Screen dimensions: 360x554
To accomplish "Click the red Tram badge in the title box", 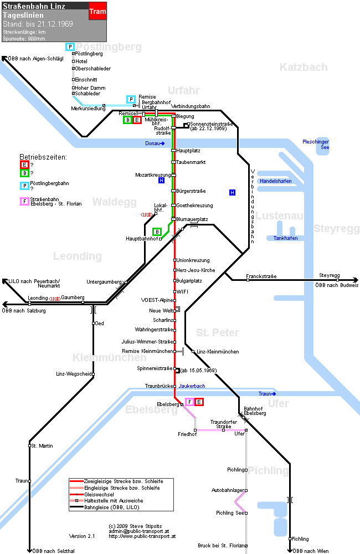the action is coord(97,11).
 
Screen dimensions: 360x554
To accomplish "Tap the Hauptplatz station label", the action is coord(188,151).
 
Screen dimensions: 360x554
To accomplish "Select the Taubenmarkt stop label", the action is coord(191,162).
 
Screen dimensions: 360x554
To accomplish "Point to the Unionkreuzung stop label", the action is coord(193,260).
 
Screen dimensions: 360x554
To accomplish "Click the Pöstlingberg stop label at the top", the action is coord(89,54).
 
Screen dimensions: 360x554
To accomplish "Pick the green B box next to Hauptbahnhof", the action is coord(157,232).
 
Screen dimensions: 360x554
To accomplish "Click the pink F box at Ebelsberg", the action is coord(190,402).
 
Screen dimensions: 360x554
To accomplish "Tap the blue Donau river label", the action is coord(155,143).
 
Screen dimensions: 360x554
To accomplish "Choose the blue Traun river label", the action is coord(267,393).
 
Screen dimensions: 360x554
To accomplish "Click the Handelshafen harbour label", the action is coord(276,181).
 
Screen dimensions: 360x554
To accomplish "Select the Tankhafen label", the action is coord(285,238).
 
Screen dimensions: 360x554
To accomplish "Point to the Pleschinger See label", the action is coord(316,145).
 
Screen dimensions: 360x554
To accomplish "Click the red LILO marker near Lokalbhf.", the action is coord(147,214).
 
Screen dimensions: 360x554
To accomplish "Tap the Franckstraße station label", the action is coord(261,276).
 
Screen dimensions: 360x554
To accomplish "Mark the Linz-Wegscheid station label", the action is coord(74,374).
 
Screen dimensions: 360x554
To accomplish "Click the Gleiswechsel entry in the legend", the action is coord(99,494).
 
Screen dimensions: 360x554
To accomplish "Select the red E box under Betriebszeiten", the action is coord(24,165).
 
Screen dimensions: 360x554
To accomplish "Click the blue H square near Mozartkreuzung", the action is coord(162,181).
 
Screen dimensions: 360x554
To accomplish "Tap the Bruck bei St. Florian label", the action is coord(221,546).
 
